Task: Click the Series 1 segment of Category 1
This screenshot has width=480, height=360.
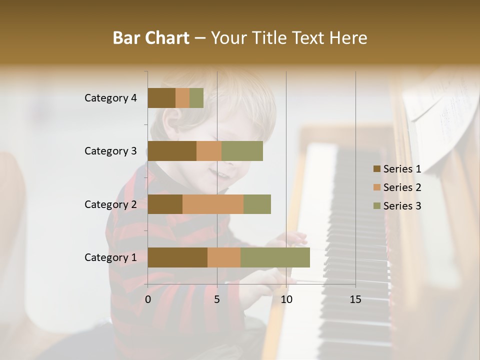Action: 177,257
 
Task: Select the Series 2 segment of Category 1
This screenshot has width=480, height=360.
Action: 224,257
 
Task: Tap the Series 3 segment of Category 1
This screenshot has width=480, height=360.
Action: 275,257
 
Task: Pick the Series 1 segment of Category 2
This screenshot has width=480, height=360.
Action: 165,204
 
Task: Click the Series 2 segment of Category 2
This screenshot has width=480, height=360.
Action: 213,204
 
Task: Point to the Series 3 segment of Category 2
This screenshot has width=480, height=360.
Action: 257,204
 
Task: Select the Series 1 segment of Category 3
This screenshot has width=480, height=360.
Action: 172,151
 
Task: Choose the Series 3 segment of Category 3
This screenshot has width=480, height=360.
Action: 242,151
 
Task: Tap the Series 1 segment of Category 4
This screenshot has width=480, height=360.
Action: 161,98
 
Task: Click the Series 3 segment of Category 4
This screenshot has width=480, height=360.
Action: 196,98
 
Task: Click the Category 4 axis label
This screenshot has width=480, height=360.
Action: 110,98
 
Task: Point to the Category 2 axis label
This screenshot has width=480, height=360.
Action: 110,204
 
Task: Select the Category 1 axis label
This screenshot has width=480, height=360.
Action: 110,257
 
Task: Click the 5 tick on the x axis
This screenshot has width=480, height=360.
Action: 217,299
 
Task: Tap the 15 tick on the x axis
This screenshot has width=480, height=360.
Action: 355,299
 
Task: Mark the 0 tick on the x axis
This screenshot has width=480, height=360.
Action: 148,299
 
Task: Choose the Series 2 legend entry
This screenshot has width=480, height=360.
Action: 397,187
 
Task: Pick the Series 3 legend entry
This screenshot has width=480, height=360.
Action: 397,206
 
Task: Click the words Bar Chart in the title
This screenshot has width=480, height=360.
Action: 151,37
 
